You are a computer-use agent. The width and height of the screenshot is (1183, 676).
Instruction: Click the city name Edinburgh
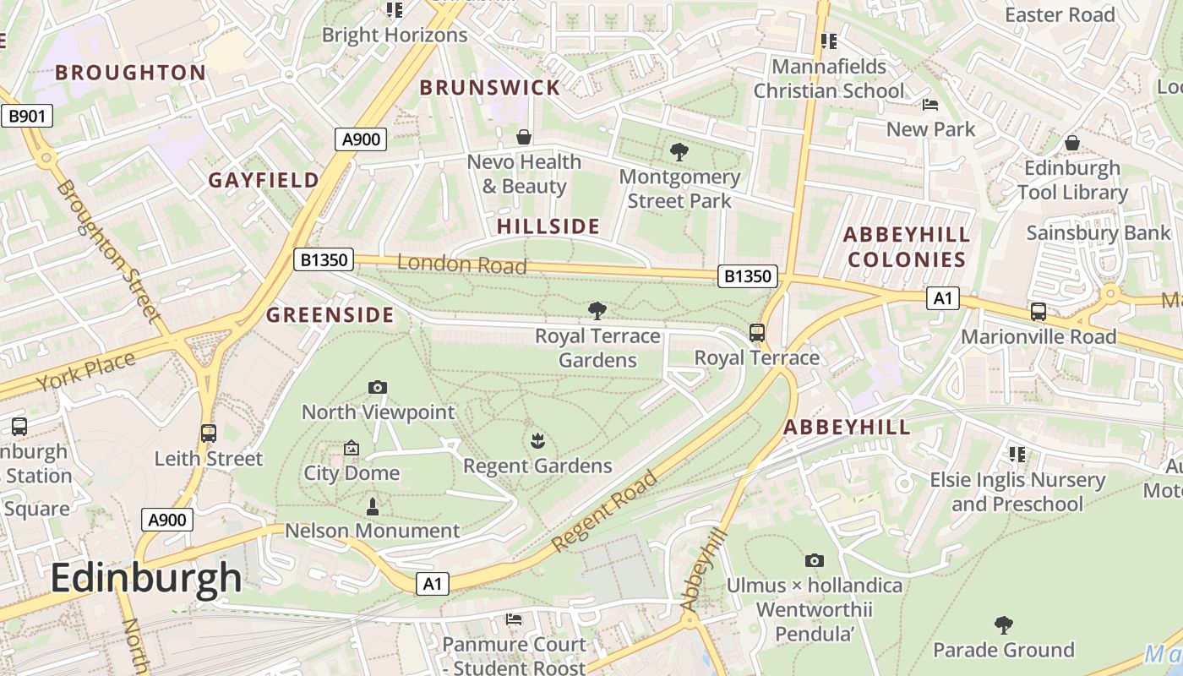pyautogui.click(x=146, y=579)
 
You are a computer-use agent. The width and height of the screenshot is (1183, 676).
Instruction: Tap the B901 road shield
pyautogui.click(x=26, y=116)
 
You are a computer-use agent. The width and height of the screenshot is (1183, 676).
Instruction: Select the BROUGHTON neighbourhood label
pyautogui.click(x=131, y=73)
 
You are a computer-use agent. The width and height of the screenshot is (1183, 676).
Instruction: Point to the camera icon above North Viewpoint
pyautogui.click(x=378, y=388)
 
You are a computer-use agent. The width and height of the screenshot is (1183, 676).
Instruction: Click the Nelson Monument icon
pyautogui.click(x=372, y=507)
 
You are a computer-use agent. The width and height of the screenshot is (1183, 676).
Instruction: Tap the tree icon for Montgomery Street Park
pyautogui.click(x=679, y=152)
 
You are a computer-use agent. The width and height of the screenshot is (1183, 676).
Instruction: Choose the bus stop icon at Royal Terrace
pyautogui.click(x=757, y=333)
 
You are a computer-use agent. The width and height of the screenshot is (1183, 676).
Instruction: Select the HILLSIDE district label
pyautogui.click(x=548, y=226)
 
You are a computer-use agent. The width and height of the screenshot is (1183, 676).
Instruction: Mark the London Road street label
pyautogui.click(x=461, y=264)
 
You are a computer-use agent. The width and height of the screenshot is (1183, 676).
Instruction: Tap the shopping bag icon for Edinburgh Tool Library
pyautogui.click(x=1072, y=143)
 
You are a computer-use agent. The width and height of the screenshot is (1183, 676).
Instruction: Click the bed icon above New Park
pyautogui.click(x=930, y=105)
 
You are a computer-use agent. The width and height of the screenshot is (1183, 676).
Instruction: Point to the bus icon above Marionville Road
pyautogui.click(x=1039, y=312)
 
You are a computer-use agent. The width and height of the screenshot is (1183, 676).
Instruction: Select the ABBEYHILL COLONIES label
pyautogui.click(x=907, y=247)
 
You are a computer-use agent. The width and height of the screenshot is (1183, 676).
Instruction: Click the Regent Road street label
pyautogui.click(x=605, y=512)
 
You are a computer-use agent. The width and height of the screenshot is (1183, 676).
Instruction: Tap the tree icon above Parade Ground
pyautogui.click(x=1003, y=625)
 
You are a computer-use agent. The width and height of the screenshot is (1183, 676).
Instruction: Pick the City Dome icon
pyautogui.click(x=352, y=448)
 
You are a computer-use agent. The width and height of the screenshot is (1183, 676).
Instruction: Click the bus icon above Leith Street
pyautogui.click(x=209, y=433)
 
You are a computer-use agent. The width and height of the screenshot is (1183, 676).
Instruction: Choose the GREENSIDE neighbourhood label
pyautogui.click(x=330, y=315)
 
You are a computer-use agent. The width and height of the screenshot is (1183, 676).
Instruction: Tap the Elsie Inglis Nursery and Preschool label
pyautogui.click(x=1017, y=492)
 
